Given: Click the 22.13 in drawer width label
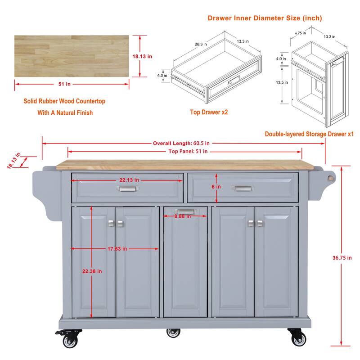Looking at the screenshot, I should [x=129, y=180].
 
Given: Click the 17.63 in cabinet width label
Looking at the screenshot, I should [x=117, y=248].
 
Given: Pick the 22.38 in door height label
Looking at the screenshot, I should [x=92, y=271].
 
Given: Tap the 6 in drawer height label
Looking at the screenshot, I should [x=217, y=186].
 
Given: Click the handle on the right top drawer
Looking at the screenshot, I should [x=243, y=189].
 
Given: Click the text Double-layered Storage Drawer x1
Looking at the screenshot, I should [x=309, y=134].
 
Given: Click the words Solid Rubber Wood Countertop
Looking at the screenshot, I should [x=64, y=101].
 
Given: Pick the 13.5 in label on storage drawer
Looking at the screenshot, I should [x=282, y=82].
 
